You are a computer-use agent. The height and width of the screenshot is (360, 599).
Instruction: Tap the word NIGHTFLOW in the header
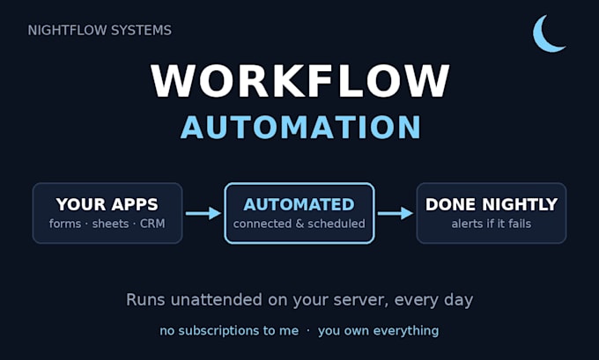point(63,31)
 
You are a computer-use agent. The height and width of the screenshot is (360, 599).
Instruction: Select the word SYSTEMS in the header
point(136,31)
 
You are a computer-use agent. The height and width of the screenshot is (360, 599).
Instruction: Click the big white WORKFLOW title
point(299,81)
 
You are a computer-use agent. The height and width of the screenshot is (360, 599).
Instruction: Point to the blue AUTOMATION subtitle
point(300,127)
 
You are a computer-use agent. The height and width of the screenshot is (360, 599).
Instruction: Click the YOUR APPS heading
point(107,204)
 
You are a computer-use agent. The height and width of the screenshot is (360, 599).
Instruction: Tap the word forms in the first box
point(65,224)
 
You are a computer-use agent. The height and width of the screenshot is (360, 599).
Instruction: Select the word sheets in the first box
point(110,224)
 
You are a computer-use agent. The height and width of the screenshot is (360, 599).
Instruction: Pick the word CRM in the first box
point(152,224)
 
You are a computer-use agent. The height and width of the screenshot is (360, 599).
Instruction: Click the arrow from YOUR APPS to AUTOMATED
point(203,213)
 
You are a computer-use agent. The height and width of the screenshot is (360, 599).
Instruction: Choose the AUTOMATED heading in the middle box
point(299,204)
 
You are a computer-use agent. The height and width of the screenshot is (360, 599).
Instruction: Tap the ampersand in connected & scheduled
point(299,224)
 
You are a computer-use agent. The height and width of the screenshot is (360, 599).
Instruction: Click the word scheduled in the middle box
point(336,224)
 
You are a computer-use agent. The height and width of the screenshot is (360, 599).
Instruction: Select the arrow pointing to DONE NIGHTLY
point(396,213)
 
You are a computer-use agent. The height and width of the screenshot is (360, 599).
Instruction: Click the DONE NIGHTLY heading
point(492,204)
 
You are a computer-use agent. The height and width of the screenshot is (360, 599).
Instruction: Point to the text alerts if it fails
point(492,224)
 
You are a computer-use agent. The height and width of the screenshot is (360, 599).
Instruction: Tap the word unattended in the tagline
point(216,299)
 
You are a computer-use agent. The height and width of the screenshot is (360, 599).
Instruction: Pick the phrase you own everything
point(378,331)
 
